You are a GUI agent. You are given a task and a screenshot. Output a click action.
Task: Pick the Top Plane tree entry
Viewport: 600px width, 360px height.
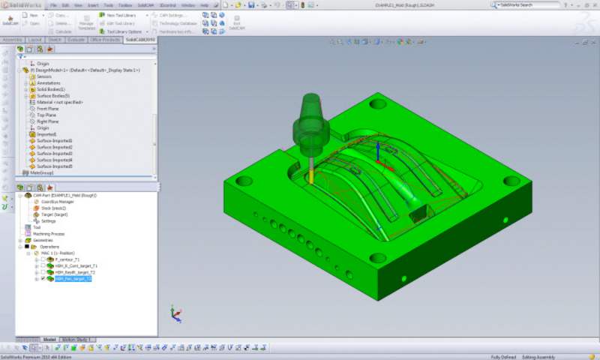click(47, 115)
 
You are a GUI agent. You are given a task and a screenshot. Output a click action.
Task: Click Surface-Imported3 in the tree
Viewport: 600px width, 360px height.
click(55, 153)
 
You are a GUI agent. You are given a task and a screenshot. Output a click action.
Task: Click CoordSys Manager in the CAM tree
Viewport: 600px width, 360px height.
click(57, 201)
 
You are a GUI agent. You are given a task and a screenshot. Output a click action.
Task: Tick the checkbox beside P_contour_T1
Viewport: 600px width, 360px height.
click(43, 259)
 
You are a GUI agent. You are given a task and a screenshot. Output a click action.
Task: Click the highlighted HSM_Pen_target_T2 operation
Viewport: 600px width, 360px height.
click(73, 279)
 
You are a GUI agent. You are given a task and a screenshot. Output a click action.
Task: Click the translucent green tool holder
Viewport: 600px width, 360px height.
click(310, 120)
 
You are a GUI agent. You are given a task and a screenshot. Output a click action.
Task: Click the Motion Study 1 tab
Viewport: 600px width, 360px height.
click(76, 340)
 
